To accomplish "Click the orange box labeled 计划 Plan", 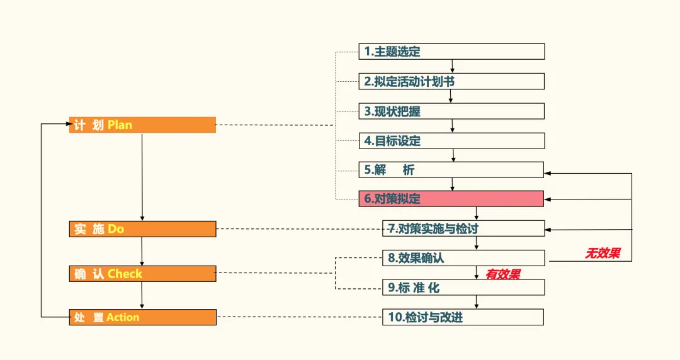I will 142,125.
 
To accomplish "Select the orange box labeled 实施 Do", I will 142,229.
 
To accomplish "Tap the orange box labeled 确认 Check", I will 142,274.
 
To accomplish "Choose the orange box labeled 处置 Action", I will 142,317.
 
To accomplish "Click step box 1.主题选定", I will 451,52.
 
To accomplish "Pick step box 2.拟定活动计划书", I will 451,81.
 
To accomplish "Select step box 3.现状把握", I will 451,111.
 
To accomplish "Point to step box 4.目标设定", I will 451,141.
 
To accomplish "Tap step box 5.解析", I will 451,170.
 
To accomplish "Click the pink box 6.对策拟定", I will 451,199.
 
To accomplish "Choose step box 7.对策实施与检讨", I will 463,228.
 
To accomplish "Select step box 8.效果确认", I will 463,258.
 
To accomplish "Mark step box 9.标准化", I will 463,288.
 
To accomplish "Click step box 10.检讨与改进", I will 463,317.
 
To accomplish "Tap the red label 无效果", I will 603,253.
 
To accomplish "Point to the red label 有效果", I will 502,274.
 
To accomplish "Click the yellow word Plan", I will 120,125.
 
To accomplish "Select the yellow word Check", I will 125,274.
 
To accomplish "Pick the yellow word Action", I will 123,317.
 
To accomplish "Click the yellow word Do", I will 116,229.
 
